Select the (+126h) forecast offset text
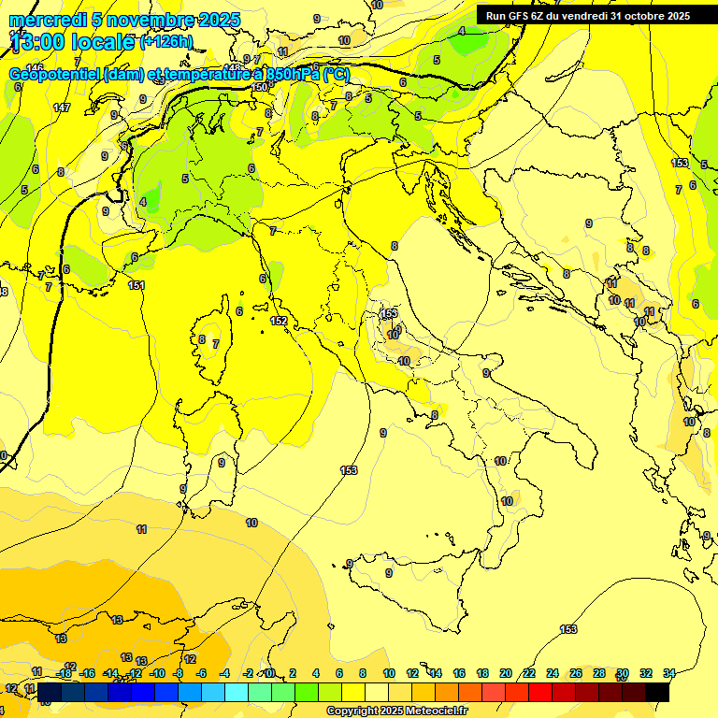coord(166,42)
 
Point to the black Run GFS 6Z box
coord(588,15)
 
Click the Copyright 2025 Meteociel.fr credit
coord(396,711)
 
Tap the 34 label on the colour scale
coord(669,673)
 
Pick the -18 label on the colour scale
coord(65,673)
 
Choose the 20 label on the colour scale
coord(506,673)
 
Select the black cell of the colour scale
coord(657,692)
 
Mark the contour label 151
coord(136,286)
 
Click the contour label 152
coord(279,321)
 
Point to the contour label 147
coord(62,108)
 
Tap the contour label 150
coord(260,87)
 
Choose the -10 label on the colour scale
coord(157,673)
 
